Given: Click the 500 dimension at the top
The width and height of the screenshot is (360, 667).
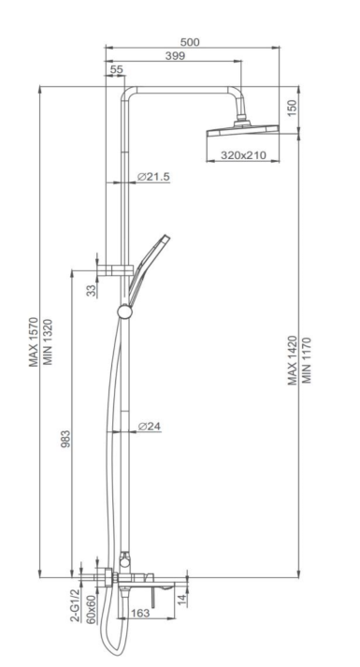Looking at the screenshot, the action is [190, 42].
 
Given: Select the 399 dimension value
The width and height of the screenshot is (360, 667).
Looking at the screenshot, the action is [175, 55].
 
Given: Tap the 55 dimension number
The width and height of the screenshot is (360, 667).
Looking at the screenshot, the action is [116, 70].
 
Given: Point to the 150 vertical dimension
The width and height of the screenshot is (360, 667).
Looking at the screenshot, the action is [291, 108].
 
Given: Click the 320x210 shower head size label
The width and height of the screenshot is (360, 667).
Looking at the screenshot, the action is [243, 155].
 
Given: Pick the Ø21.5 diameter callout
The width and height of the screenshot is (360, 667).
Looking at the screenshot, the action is [153, 177].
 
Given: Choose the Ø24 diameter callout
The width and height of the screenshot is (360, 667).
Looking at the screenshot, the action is [150, 426].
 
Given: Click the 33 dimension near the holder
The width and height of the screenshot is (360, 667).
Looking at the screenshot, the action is [92, 291].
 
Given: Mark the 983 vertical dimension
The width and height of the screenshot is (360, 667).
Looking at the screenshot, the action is [65, 439].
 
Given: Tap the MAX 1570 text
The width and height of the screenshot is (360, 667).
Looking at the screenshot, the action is [34, 342].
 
